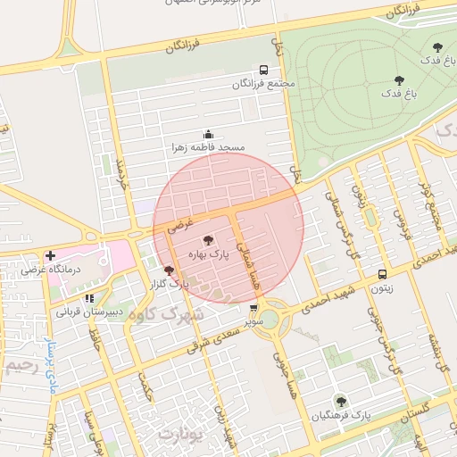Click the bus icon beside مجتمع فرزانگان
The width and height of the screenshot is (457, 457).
click(263, 70)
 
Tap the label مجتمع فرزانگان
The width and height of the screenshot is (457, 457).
click(263, 84)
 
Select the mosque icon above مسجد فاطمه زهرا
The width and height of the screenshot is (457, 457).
click(208, 133)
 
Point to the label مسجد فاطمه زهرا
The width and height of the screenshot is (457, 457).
click(208, 146)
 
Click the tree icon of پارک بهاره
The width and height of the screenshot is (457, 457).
click(208, 240)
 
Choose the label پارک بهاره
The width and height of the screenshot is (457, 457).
click(208, 254)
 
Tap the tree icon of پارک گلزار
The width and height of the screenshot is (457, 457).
click(169, 270)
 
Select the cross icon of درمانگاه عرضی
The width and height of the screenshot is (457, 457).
click(49, 255)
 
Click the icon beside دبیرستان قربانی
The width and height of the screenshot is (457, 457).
click(88, 299)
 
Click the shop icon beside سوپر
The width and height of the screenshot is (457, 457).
click(254, 309)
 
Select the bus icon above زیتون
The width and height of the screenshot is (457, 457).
click(382, 275)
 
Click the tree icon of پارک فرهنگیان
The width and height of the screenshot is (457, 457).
click(340, 402)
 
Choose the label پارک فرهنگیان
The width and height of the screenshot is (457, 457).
click(341, 416)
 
